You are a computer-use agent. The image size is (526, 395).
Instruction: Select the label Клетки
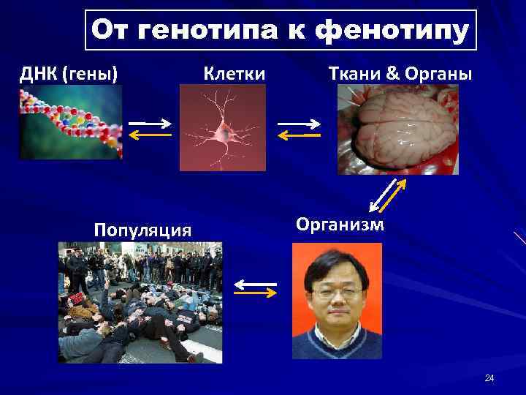(x=234, y=74)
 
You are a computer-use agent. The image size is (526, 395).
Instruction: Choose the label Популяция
(x=143, y=230)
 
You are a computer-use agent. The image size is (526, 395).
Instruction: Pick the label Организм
(x=340, y=224)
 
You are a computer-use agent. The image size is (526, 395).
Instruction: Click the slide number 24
(x=489, y=378)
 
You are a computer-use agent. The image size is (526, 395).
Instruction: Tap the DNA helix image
(x=71, y=124)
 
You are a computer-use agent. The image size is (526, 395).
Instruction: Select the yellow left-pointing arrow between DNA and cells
(x=149, y=135)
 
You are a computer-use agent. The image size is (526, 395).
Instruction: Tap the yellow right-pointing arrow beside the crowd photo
(x=255, y=293)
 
